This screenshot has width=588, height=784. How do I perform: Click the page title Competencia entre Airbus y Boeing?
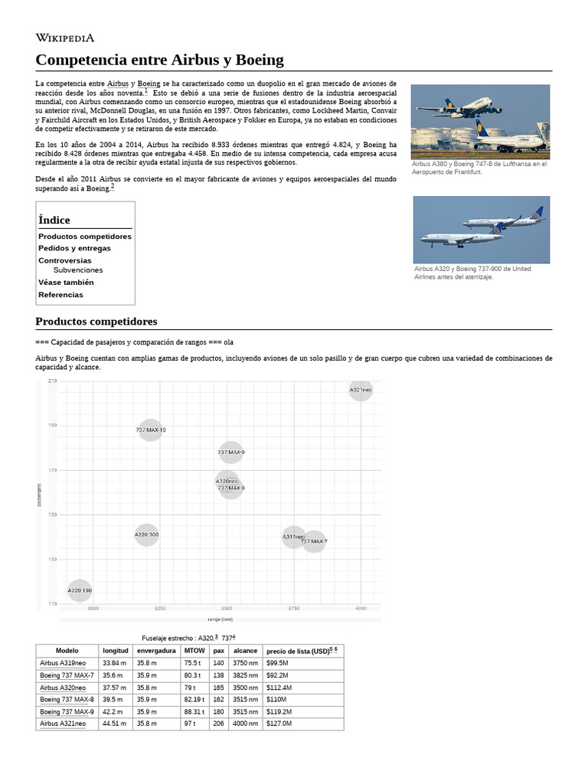pos(159,60)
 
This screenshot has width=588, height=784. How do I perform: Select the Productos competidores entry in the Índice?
pos(85,237)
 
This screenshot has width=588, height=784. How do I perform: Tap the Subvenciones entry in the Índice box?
pos(78,270)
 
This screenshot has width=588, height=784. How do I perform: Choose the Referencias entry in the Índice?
pos(60,295)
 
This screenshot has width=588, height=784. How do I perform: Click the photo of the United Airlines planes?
pos(481,230)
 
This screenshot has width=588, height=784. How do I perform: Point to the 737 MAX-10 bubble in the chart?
pos(151,430)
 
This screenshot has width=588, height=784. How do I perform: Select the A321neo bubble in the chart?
pos(361,390)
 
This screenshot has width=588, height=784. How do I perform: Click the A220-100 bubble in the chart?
pos(80,590)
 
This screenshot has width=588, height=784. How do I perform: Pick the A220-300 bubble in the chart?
pos(146,534)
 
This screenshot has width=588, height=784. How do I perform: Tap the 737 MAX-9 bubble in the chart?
pos(230,452)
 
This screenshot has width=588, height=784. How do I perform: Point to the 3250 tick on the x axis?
pos(160,609)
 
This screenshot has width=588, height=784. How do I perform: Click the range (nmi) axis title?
pos(220,619)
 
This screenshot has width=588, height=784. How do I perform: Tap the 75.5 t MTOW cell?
pos(191,663)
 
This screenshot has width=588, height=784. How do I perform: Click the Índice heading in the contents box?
pos(54,220)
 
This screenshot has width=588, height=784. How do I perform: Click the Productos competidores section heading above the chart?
pos(96,321)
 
